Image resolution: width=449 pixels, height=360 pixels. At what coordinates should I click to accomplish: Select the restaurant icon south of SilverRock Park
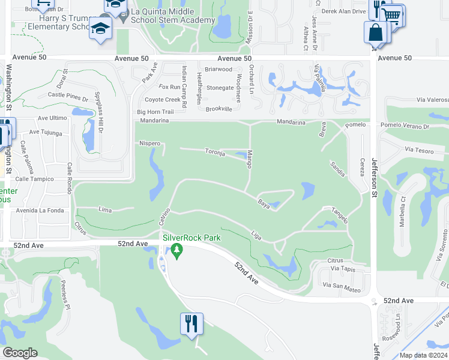coord(192,325)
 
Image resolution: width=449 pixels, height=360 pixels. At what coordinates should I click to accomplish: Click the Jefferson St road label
coord(374,184)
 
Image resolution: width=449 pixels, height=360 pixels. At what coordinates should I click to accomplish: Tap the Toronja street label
coord(214,152)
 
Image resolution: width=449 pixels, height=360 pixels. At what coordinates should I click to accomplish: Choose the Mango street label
coord(249,158)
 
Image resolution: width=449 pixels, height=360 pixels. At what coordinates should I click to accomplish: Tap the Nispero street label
coord(149,143)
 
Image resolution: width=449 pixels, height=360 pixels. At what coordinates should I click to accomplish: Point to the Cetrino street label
coord(165,217)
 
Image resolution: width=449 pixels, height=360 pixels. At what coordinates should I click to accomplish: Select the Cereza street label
coord(362,167)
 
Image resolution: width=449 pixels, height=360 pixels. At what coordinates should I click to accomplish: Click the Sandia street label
coord(337,169)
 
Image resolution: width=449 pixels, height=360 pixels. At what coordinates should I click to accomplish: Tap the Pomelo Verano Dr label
coord(404,127)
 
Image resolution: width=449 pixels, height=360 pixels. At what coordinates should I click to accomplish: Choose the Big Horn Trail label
coord(155,112)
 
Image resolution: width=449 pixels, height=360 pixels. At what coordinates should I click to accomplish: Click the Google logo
coord(20,353)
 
